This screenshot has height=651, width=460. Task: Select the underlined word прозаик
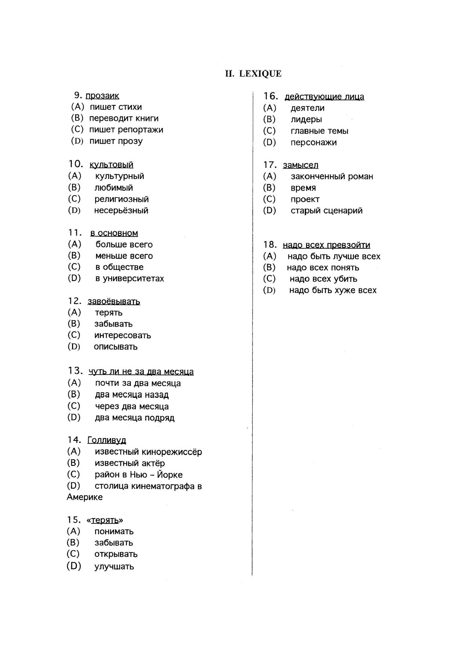(102, 96)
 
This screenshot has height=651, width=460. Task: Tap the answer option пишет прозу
(116, 141)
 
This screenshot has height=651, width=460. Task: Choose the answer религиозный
(121, 199)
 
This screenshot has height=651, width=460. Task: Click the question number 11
(75, 233)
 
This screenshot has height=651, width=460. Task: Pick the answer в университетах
(129, 278)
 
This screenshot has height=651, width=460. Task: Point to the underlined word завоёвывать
(114, 301)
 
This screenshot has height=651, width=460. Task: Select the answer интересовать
(122, 336)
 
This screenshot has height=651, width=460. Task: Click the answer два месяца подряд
(134, 418)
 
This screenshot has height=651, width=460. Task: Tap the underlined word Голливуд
(106, 440)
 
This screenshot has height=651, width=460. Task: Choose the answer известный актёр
(129, 463)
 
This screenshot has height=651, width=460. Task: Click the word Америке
(85, 497)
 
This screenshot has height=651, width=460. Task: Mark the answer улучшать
(114, 566)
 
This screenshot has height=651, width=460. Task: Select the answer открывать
(116, 554)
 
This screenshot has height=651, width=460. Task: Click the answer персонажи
(313, 143)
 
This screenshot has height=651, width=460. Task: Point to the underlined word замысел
(300, 165)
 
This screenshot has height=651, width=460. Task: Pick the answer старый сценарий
(326, 211)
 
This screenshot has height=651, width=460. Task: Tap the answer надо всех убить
(323, 279)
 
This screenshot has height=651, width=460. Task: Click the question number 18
(270, 245)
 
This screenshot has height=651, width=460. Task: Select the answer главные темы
(319, 131)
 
